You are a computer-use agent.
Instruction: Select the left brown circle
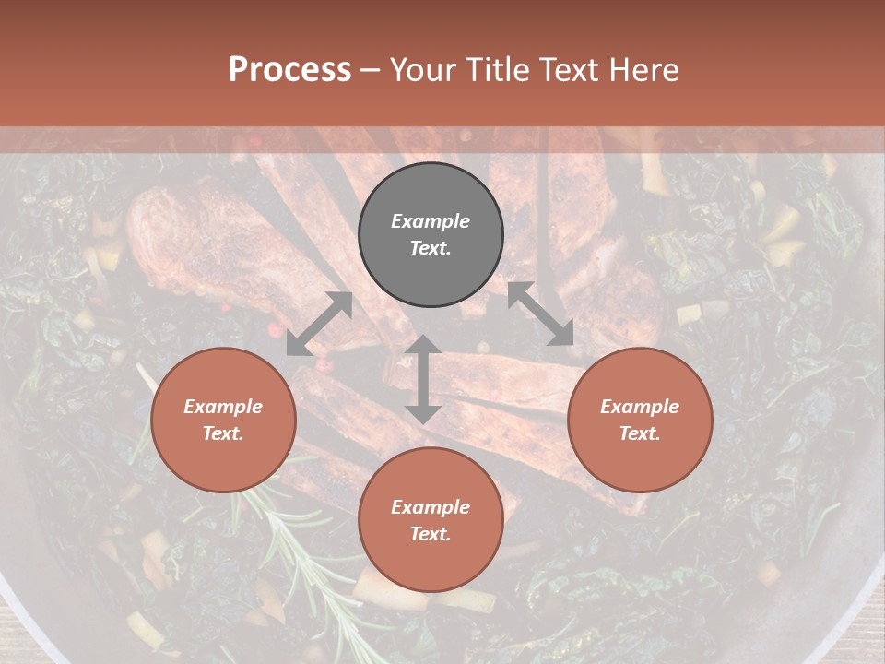click(223, 420)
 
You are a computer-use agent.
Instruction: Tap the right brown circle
click(640, 420)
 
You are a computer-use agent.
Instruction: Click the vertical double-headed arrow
click(423, 379)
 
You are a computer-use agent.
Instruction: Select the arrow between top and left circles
click(319, 324)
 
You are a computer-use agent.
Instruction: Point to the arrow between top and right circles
click(541, 314)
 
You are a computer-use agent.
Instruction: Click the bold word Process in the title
click(289, 69)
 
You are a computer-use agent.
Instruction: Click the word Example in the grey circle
click(431, 221)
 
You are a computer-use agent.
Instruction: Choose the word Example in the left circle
click(223, 407)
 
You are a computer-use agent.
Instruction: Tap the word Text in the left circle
click(222, 433)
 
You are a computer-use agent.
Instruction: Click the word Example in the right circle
click(640, 407)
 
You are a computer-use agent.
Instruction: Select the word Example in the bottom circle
click(431, 507)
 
